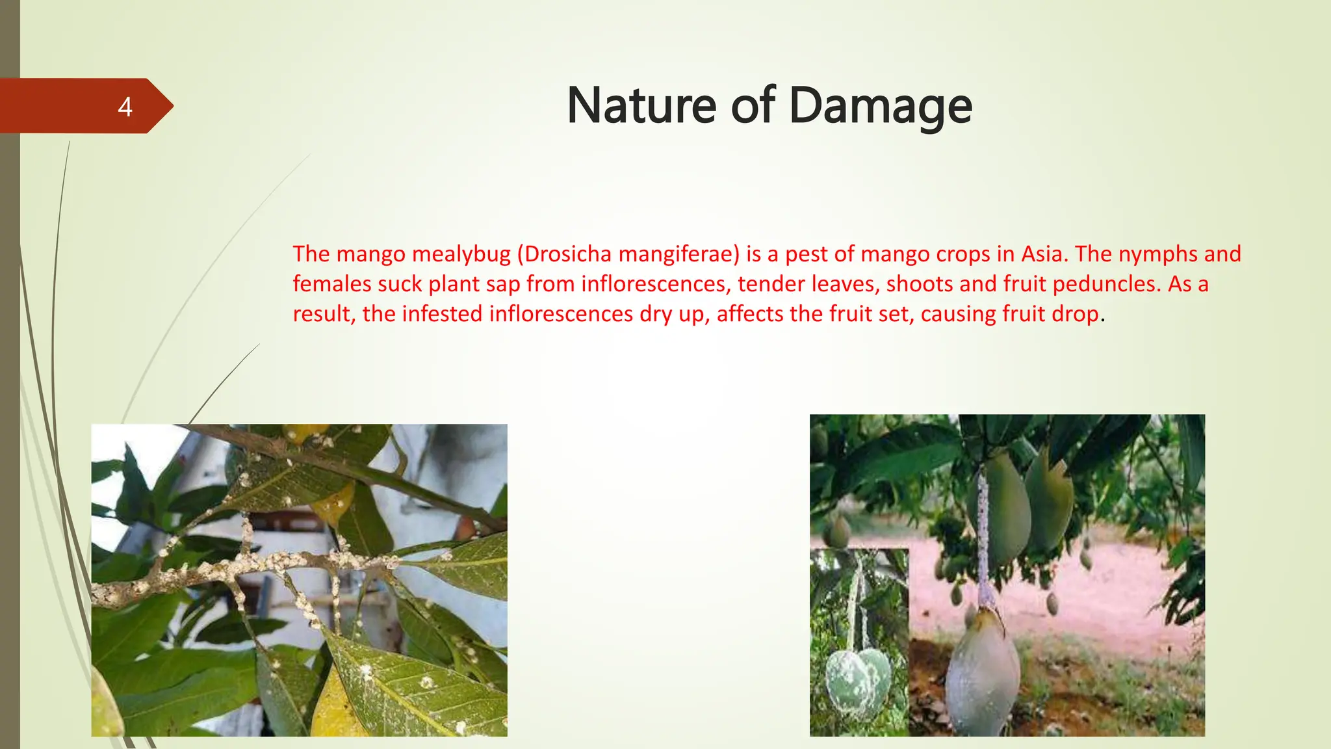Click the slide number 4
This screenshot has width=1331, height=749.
click(x=125, y=107)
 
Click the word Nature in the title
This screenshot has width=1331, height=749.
click(x=640, y=105)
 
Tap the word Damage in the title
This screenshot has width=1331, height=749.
click(x=881, y=107)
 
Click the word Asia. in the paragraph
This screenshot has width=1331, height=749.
click(x=1044, y=254)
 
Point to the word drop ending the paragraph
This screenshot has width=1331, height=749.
click(x=1076, y=314)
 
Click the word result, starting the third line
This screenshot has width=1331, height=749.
click(x=324, y=314)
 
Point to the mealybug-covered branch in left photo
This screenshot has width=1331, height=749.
click(x=260, y=566)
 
